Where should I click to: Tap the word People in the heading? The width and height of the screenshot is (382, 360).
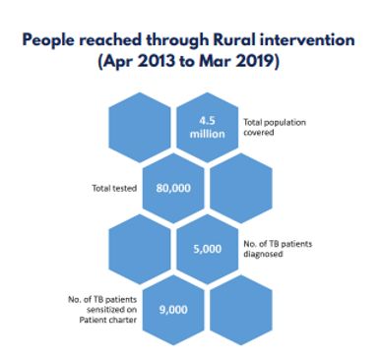(x=48, y=41)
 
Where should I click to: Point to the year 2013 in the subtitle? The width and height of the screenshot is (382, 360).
(x=157, y=61)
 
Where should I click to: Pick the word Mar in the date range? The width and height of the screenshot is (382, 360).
(x=215, y=61)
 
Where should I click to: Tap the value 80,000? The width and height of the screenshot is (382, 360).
(x=173, y=188)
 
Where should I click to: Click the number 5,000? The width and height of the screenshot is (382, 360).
(x=208, y=249)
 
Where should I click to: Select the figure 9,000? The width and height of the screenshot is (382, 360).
(x=173, y=310)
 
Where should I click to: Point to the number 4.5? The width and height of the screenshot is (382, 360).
(x=207, y=121)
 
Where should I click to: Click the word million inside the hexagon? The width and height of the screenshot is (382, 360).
(x=208, y=134)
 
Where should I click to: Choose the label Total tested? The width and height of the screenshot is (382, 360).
(x=114, y=188)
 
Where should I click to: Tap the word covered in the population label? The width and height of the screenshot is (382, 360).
(x=259, y=133)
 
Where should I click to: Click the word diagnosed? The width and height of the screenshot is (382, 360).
(x=263, y=254)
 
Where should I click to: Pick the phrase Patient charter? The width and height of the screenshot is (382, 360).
(x=108, y=320)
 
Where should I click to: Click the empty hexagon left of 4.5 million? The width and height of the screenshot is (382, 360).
(x=140, y=127)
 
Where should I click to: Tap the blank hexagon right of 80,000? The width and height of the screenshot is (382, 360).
(x=241, y=188)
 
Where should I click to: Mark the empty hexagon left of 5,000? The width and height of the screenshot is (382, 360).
(x=140, y=249)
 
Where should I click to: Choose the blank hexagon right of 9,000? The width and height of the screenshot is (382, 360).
(x=241, y=310)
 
